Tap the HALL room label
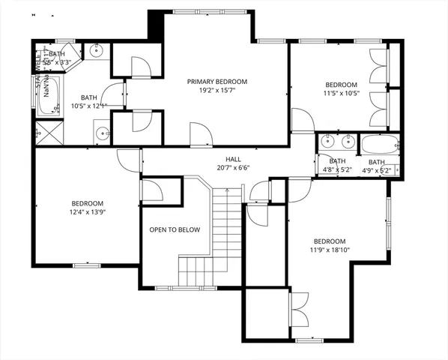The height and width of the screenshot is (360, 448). click(232, 159)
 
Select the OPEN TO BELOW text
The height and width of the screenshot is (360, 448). click(174, 229)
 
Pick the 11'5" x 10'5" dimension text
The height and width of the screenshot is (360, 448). click(341, 94)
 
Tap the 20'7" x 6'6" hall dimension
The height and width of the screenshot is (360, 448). click(232, 168)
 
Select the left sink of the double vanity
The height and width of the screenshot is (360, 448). click(329, 140)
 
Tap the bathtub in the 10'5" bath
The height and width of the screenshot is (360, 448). click(52, 104)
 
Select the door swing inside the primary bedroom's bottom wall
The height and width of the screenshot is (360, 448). click(200, 135)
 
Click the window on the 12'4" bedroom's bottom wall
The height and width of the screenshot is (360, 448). click(87, 265)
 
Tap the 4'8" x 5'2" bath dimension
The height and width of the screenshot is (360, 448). click(337, 169)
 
